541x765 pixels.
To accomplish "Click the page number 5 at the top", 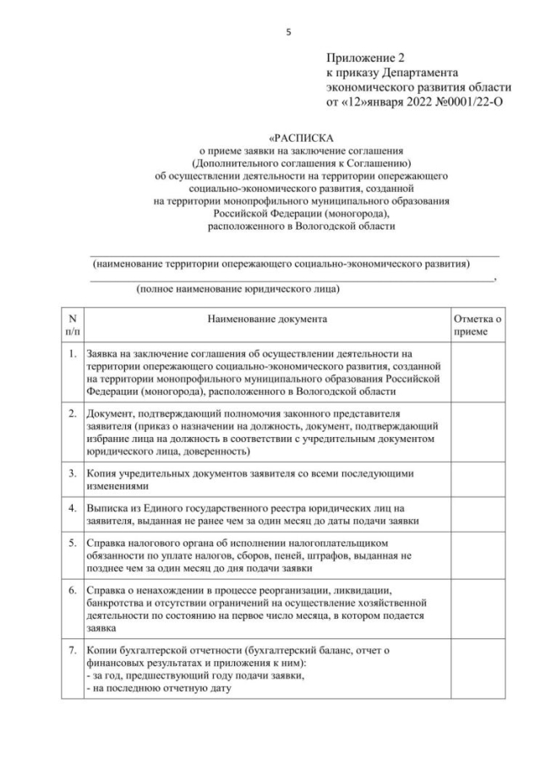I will click(x=289, y=33).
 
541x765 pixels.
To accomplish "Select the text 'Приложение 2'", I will click(x=366, y=58).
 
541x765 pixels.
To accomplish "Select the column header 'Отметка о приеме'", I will click(x=478, y=326).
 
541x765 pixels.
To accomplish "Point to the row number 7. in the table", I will click(x=73, y=653).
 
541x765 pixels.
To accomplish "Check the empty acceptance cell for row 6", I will click(x=478, y=607).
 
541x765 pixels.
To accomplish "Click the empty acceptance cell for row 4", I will click(x=478, y=516).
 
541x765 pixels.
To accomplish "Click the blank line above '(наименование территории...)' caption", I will click(x=295, y=254).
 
